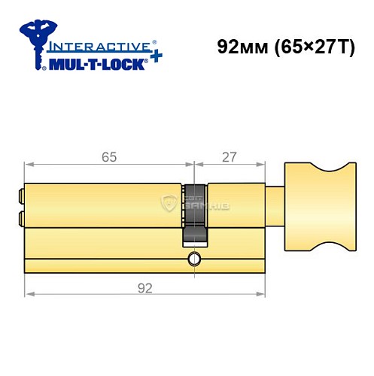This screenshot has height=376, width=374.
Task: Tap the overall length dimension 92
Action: [145, 287]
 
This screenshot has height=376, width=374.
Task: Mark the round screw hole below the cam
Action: [195, 259]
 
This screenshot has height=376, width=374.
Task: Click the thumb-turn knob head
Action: [321, 204]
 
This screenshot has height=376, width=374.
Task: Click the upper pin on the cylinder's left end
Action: [20, 197]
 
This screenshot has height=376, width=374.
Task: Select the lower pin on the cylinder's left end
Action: [20, 219]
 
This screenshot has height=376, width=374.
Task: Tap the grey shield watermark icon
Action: [169, 201]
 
